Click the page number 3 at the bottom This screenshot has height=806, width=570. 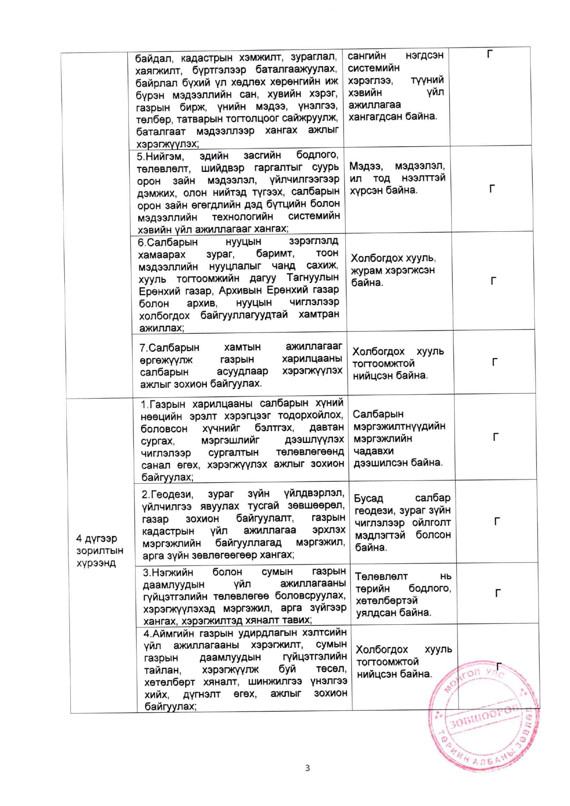tap(307, 768)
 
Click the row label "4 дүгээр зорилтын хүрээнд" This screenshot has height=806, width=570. tap(99, 550)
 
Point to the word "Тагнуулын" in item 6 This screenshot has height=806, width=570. tap(313, 278)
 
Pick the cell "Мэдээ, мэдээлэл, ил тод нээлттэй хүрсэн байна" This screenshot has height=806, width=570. tap(397, 178)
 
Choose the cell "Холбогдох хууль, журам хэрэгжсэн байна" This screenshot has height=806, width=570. tap(393, 270)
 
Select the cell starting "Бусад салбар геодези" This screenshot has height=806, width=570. tap(402, 522)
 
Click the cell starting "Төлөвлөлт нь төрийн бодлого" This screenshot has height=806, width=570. tap(403, 594)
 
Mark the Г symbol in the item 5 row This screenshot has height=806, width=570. tap(492, 189)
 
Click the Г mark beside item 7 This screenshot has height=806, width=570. tap(495, 362)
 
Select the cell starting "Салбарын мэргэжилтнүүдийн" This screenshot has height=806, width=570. tap(399, 438)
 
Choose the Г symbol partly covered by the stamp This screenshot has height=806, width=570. tap(499, 666)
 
